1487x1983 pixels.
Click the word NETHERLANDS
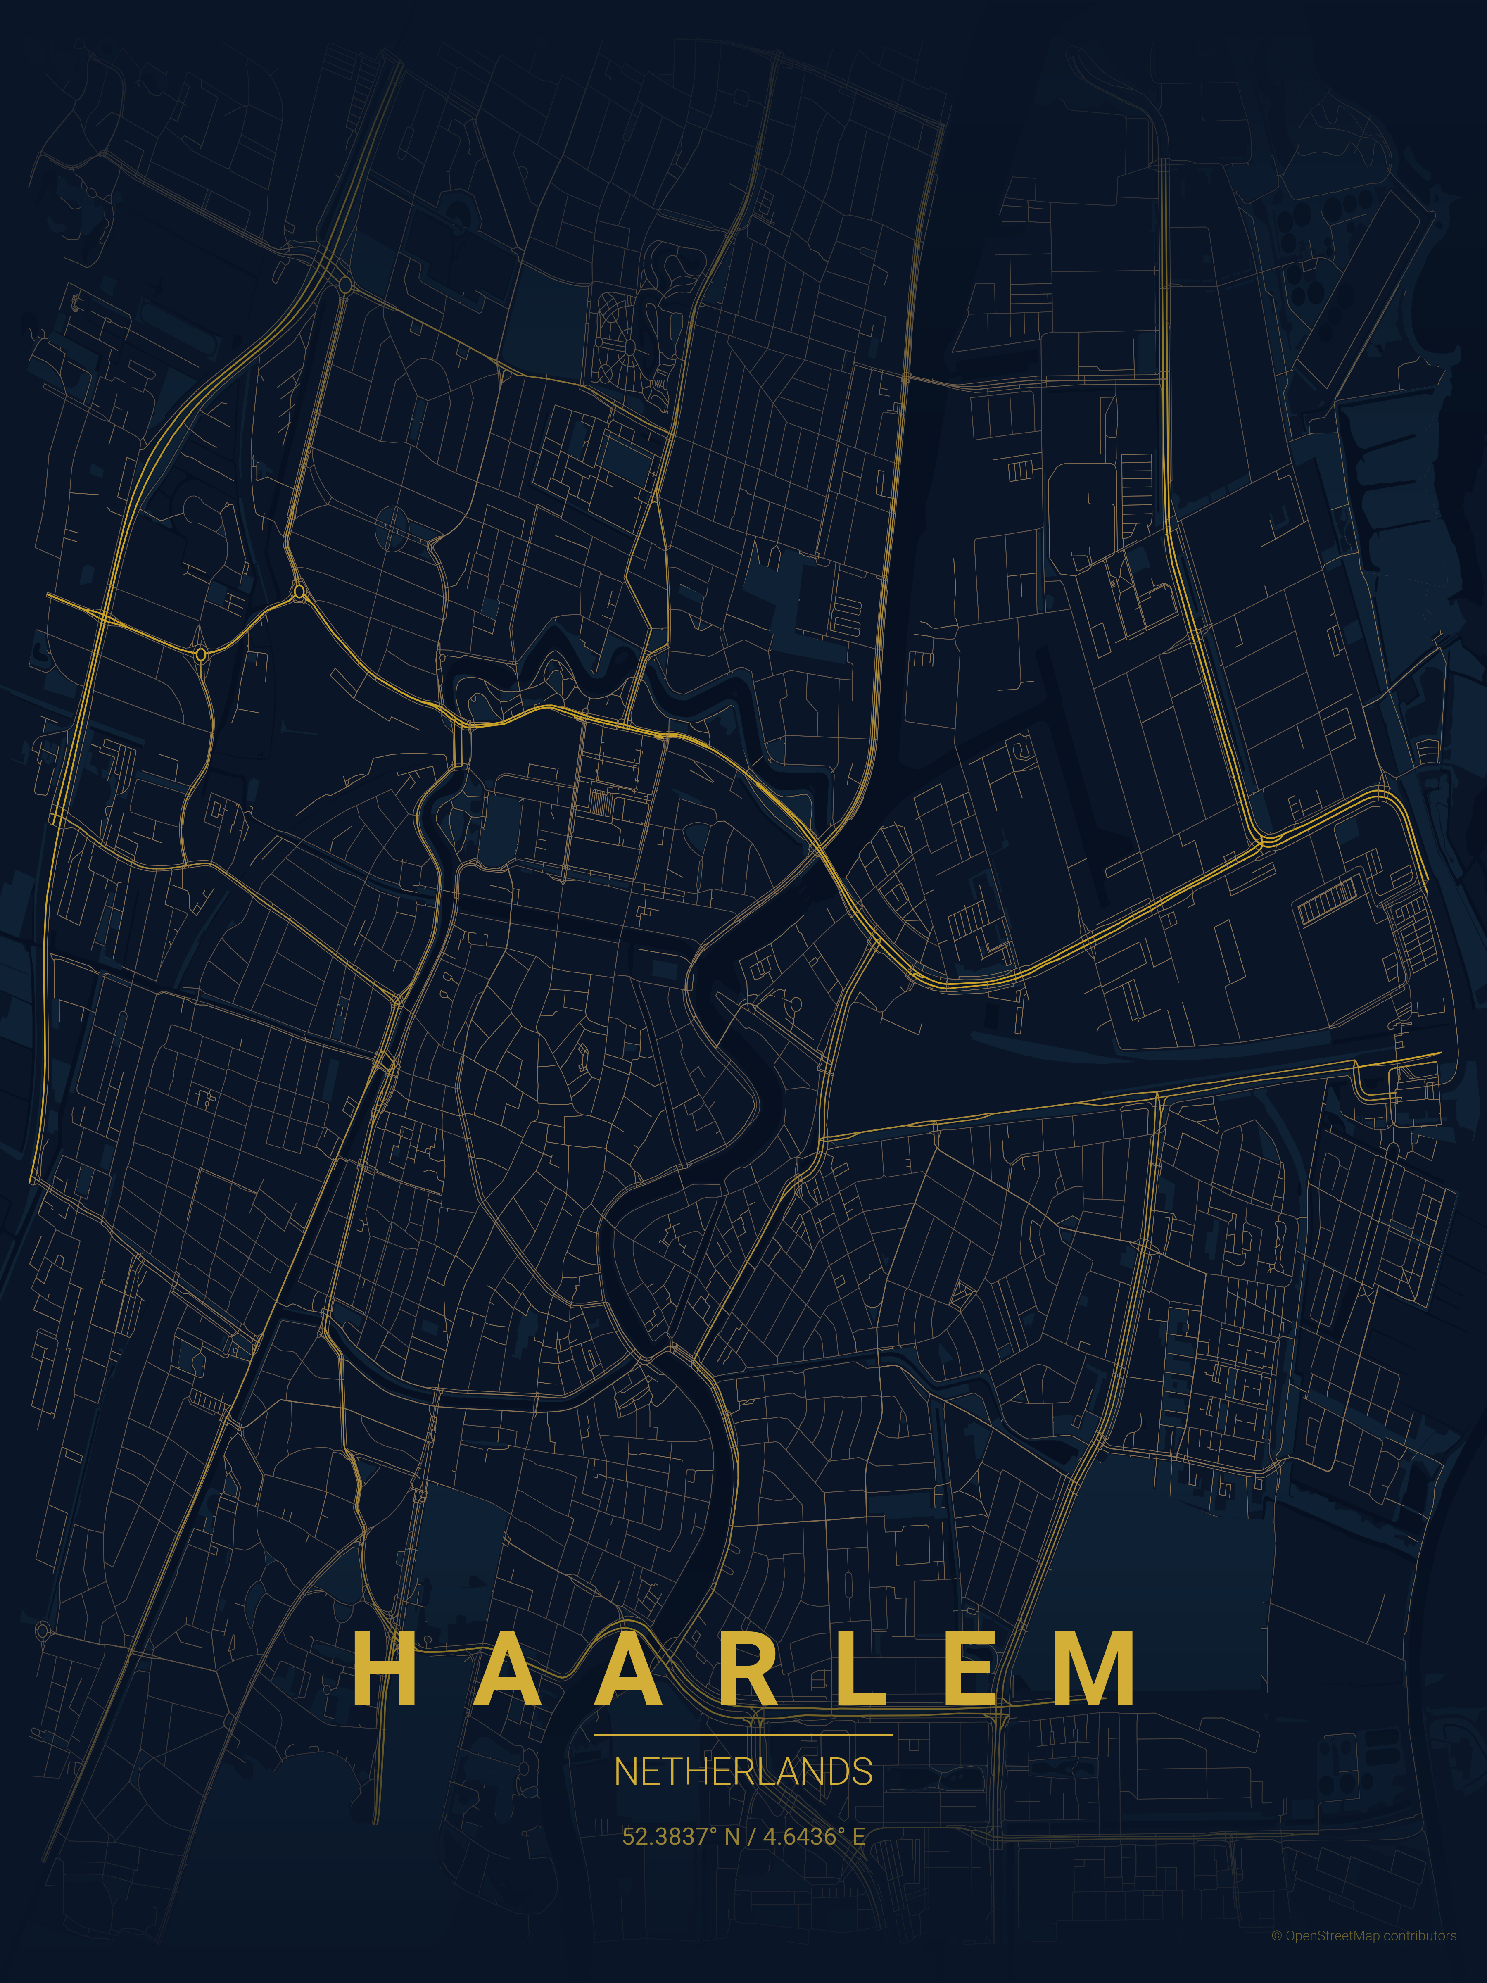click(x=743, y=1772)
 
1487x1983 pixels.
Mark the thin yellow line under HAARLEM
click(x=743, y=1735)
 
